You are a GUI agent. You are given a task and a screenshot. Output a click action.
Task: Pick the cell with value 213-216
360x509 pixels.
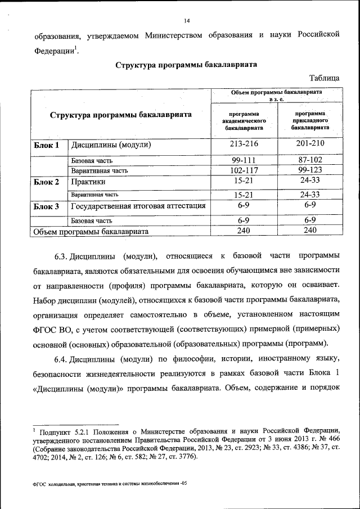point(244,145)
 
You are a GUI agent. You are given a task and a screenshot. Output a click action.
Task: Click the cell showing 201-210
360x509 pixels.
point(310,145)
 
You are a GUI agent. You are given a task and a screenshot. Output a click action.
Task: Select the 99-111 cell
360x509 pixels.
point(244,160)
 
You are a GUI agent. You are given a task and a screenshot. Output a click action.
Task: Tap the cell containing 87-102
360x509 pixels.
point(310,160)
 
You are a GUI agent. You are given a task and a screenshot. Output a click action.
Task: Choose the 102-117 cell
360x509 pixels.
point(244,170)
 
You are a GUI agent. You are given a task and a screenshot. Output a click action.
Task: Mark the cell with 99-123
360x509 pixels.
point(310,170)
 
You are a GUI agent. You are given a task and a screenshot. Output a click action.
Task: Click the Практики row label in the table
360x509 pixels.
point(88,182)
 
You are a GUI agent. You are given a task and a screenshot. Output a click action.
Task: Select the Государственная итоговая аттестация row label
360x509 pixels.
point(138,206)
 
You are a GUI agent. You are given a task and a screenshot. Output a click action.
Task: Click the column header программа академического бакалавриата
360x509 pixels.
point(244,121)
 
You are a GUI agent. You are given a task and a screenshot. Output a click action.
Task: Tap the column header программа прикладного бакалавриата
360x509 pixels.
point(310,121)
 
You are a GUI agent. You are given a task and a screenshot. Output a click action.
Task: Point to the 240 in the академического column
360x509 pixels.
point(244,230)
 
